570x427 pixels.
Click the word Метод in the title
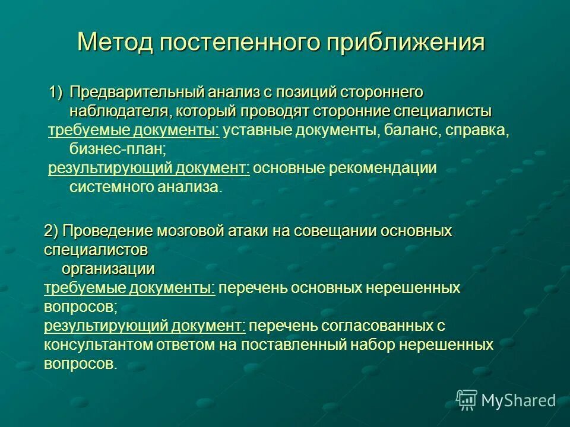click(112, 43)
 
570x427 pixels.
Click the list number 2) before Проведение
click(51, 231)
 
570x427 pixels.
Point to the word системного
click(110, 187)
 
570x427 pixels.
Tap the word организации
click(109, 269)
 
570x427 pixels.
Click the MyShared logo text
click(518, 400)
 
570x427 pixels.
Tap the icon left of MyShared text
click(467, 400)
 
